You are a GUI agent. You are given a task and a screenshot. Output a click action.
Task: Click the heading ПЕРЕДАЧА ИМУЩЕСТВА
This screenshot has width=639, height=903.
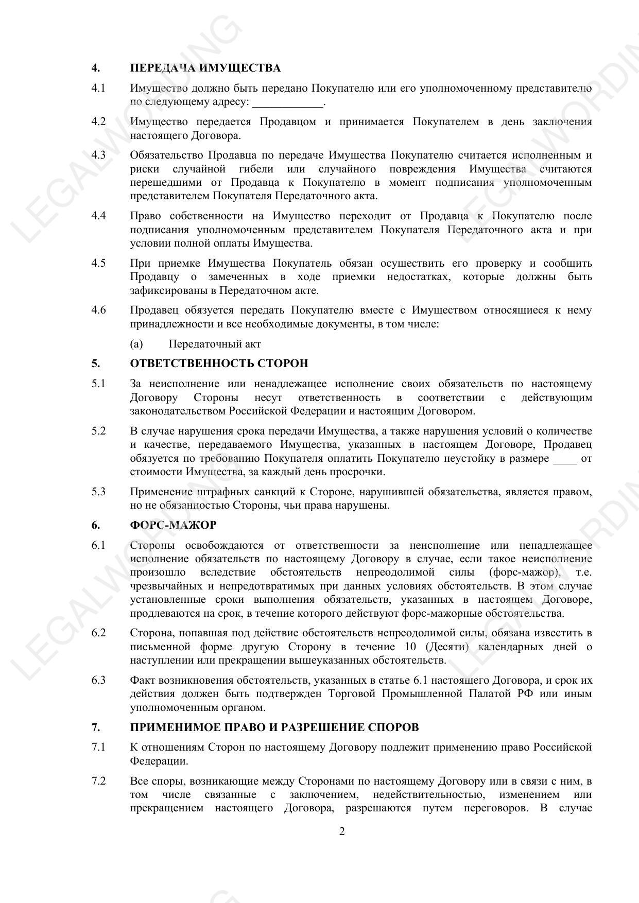pyautogui.click(x=205, y=68)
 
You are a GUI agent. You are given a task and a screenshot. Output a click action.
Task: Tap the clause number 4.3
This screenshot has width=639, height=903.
pyautogui.click(x=98, y=155)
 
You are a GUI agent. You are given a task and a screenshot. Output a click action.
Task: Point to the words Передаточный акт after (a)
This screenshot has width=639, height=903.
pyautogui.click(x=215, y=344)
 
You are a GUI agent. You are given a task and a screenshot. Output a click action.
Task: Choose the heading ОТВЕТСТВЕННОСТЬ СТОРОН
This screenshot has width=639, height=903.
pyautogui.click(x=219, y=363)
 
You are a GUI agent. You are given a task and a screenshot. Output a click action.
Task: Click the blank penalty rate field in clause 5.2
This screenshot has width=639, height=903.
pyautogui.click(x=564, y=458)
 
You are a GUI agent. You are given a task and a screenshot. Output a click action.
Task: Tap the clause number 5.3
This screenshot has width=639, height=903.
pyautogui.click(x=98, y=492)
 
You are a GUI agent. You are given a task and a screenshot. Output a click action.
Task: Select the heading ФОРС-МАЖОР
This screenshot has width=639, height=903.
pyautogui.click(x=173, y=525)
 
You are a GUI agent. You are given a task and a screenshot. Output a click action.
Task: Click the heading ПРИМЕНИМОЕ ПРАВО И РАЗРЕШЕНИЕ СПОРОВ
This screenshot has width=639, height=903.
pyautogui.click(x=274, y=727)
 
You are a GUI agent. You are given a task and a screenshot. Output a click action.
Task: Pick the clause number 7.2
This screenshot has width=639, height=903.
pyautogui.click(x=98, y=781)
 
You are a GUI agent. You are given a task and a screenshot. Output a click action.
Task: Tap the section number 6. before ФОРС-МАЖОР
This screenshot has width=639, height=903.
pyautogui.click(x=95, y=525)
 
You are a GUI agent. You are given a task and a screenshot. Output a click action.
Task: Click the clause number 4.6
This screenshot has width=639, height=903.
pyautogui.click(x=98, y=310)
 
